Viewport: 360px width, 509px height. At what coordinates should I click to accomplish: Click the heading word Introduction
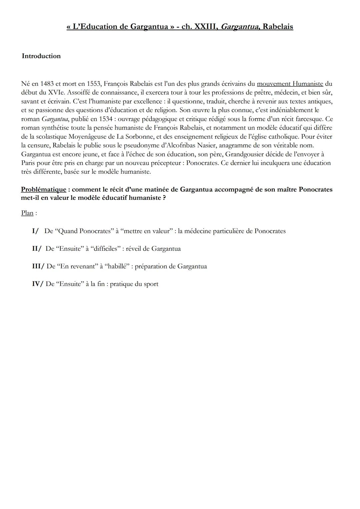click(41, 56)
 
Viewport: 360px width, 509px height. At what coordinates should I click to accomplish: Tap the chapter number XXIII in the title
click(206, 27)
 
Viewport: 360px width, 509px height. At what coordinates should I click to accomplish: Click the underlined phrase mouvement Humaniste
click(290, 84)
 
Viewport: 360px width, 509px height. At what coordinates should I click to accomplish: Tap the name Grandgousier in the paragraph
click(246, 154)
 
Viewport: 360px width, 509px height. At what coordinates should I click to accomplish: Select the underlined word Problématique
click(43, 189)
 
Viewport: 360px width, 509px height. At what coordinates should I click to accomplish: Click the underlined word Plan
click(27, 213)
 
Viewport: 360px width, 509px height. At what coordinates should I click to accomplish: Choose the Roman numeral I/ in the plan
click(35, 231)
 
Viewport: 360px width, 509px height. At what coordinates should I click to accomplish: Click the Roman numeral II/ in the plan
click(37, 249)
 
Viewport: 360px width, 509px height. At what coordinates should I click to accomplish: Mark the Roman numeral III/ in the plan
click(38, 266)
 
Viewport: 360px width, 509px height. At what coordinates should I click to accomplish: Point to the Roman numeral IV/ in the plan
click(37, 284)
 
